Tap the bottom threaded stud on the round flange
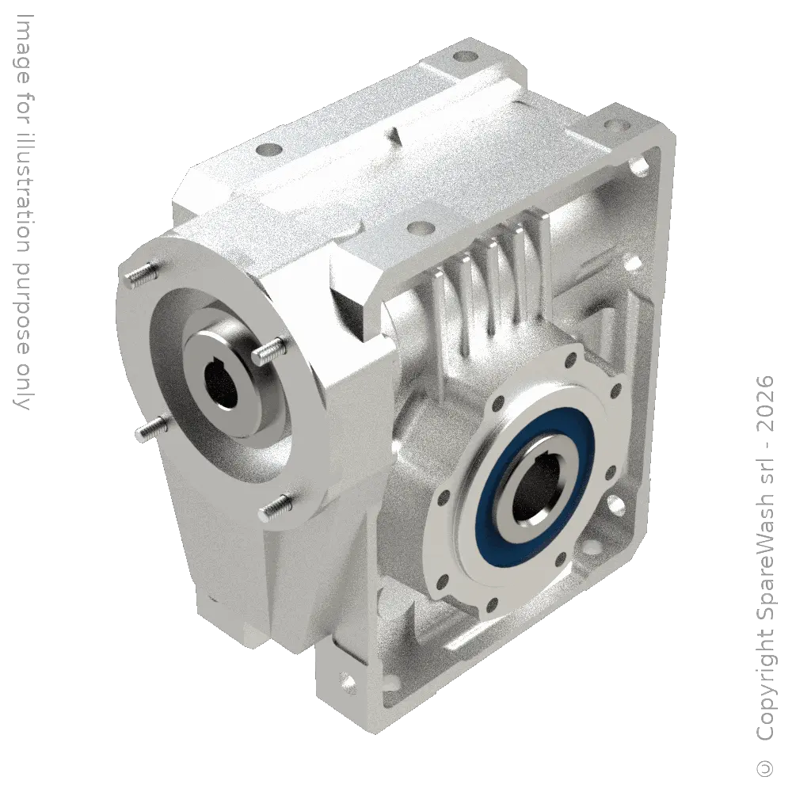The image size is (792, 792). tap(276, 508)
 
